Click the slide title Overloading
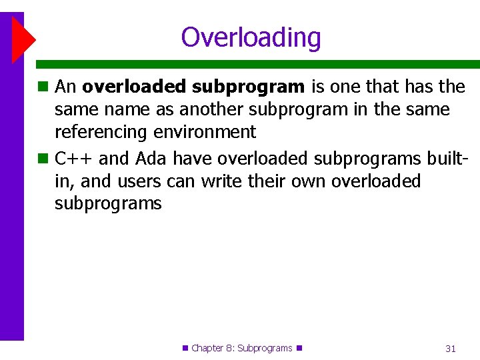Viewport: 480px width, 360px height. click(251, 37)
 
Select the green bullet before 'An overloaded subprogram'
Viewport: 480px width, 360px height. click(43, 87)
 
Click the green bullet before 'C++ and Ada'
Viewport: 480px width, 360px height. click(43, 159)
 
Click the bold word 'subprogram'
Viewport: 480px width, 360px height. click(249, 87)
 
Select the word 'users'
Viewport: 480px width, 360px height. click(135, 181)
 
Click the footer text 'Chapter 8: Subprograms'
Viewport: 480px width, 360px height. click(241, 348)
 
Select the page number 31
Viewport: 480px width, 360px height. click(451, 348)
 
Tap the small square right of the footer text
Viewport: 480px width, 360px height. click(299, 347)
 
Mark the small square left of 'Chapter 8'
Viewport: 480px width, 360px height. click(185, 347)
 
